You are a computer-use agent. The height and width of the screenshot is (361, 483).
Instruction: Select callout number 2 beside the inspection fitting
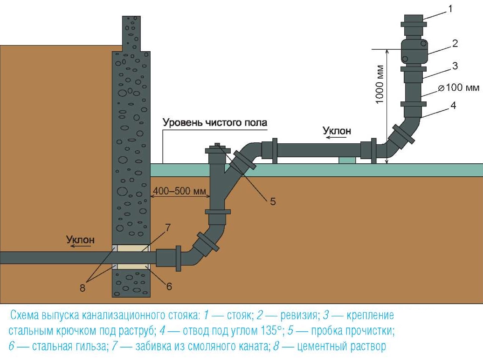click(455, 44)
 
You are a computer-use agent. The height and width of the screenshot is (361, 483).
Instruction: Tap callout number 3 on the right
click(455, 66)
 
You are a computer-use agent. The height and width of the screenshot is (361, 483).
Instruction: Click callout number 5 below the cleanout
click(273, 201)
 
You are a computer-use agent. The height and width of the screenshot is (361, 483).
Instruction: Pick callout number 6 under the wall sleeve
click(169, 286)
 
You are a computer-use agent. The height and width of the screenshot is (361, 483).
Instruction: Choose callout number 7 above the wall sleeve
click(169, 228)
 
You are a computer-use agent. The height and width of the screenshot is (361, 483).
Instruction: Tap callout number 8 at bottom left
click(83, 288)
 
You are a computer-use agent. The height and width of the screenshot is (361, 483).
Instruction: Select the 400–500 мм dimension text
click(180, 191)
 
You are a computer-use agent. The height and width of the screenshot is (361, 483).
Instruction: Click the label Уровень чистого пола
click(215, 123)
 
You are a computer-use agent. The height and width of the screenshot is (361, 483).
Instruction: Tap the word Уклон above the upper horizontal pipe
click(337, 131)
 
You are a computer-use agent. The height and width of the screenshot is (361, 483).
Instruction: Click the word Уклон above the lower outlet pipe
click(80, 240)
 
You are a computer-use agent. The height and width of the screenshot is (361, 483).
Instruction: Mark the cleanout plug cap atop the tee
click(218, 149)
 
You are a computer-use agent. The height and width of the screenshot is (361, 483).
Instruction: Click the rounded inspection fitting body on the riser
click(414, 51)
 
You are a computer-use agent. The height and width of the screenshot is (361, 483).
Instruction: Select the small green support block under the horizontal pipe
click(347, 160)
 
